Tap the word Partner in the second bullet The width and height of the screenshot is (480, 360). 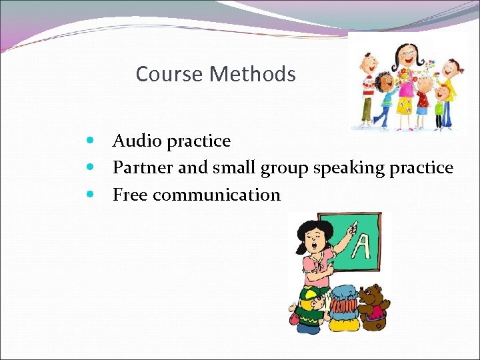click(143, 168)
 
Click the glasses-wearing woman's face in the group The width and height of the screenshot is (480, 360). click(406, 56)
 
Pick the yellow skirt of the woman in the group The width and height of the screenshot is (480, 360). click(404, 105)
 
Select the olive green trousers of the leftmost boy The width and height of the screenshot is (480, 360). click(367, 107)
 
